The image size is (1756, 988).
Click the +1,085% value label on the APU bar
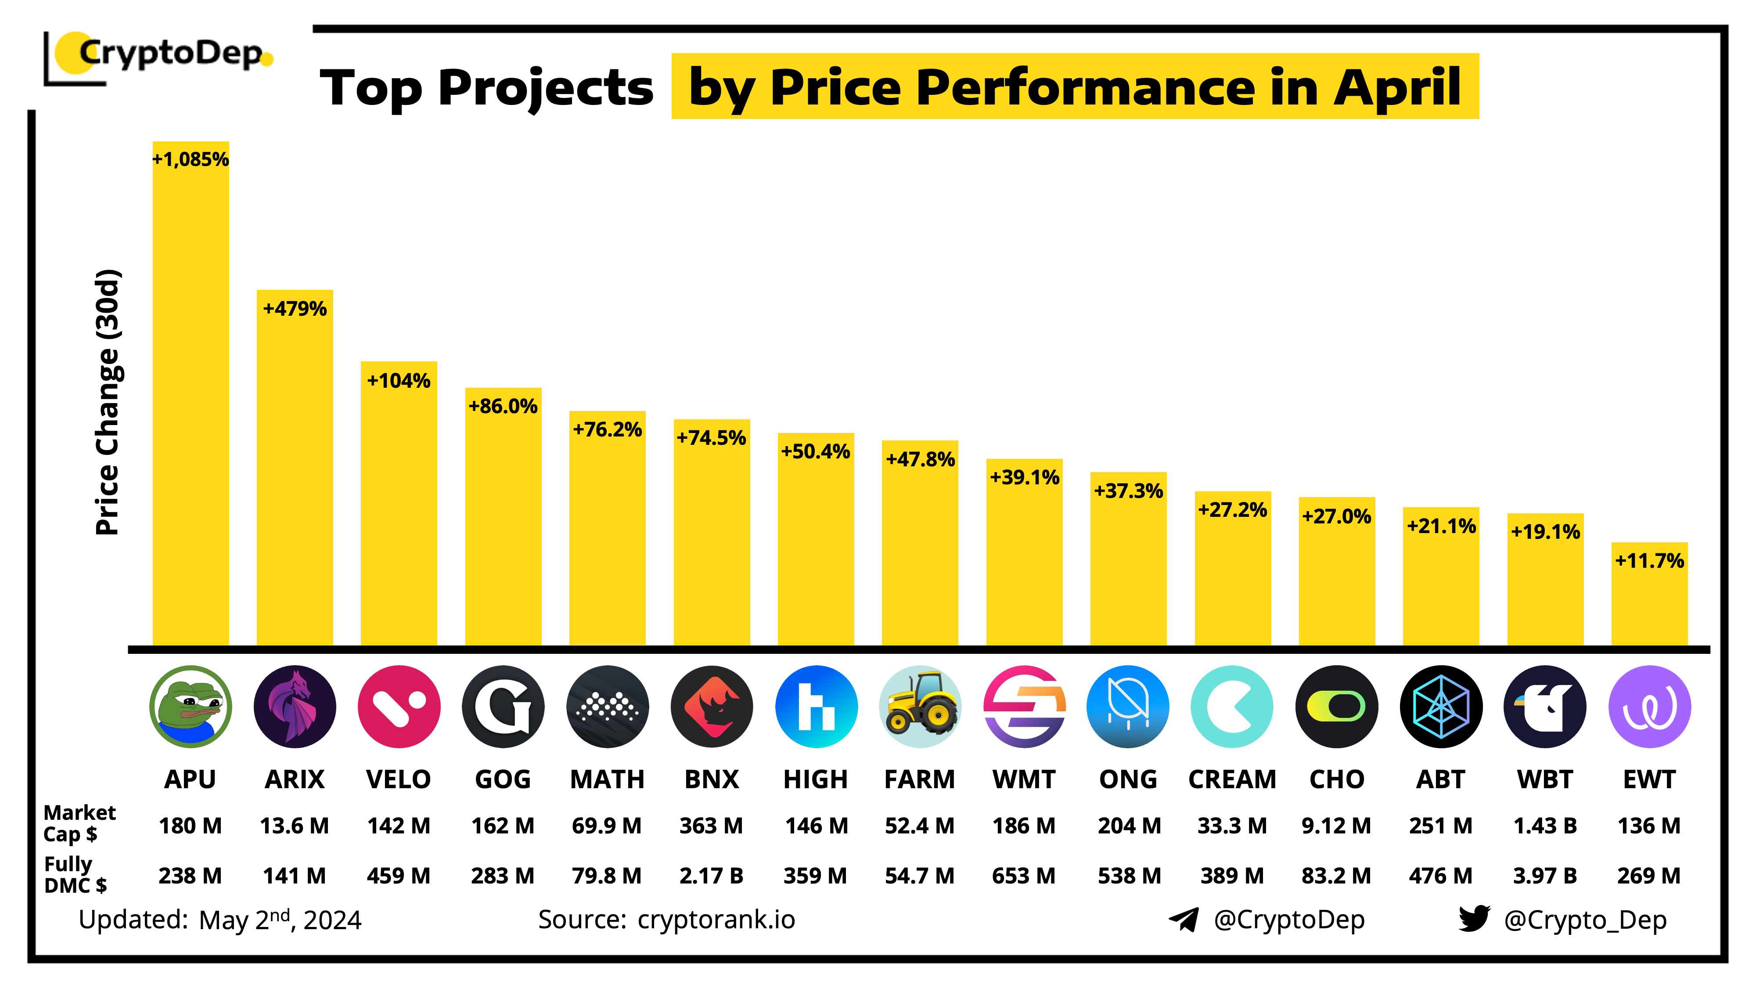coord(190,159)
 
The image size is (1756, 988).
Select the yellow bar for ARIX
coord(295,477)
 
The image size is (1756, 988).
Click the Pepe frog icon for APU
coord(190,707)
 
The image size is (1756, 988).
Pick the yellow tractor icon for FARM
coord(920,707)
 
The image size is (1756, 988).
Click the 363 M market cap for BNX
coord(711,826)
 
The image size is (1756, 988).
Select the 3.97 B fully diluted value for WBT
coord(1545,876)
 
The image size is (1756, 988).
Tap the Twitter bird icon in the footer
coord(1474,919)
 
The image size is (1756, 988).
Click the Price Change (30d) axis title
coord(108,402)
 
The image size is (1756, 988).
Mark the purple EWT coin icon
coord(1649,707)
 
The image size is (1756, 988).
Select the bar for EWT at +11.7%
coord(1649,600)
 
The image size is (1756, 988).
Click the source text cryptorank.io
coord(716,920)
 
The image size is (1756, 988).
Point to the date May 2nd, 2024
coord(280,920)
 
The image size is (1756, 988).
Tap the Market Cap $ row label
coord(79,823)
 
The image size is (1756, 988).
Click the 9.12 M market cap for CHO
coord(1336,826)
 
